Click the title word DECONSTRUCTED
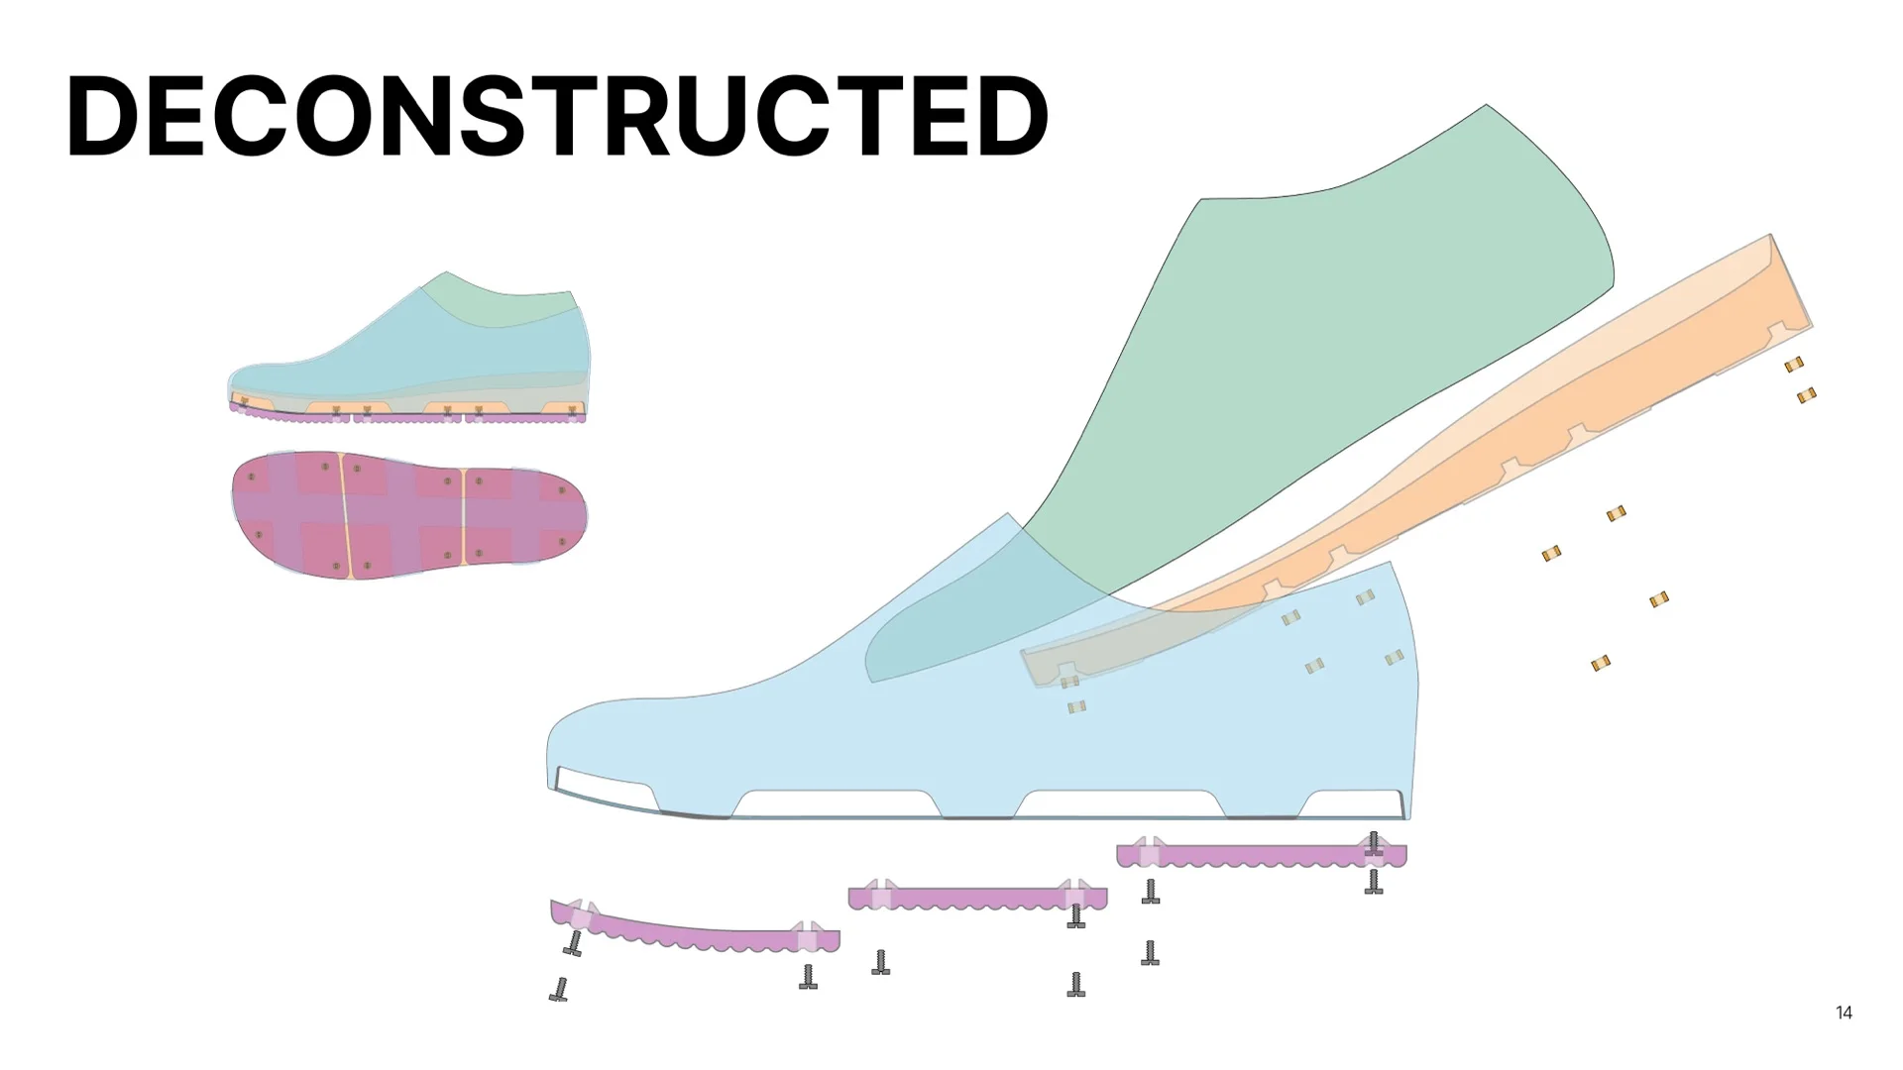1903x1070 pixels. (556, 117)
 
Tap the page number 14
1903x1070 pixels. (1844, 1013)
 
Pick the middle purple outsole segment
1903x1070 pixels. (976, 899)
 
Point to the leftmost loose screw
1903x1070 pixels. (560, 989)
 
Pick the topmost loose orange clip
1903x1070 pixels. (1794, 365)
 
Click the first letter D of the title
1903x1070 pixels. (105, 117)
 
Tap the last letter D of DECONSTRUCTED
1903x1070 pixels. (1007, 117)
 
